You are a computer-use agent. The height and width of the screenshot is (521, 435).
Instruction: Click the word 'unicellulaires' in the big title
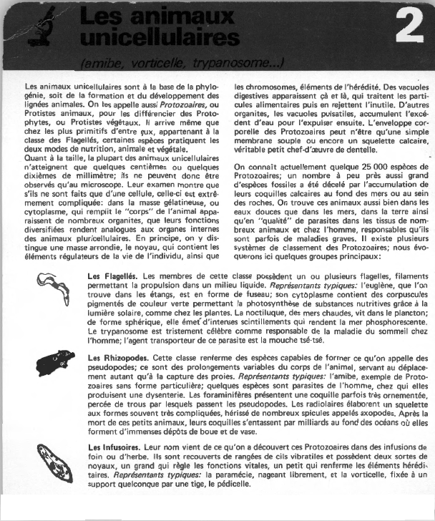[158, 36]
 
